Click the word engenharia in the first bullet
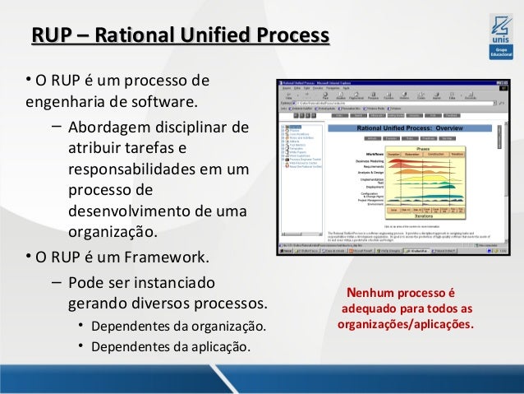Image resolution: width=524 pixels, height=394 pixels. pos(67,104)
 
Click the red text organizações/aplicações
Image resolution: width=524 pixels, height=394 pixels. pos(406,324)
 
